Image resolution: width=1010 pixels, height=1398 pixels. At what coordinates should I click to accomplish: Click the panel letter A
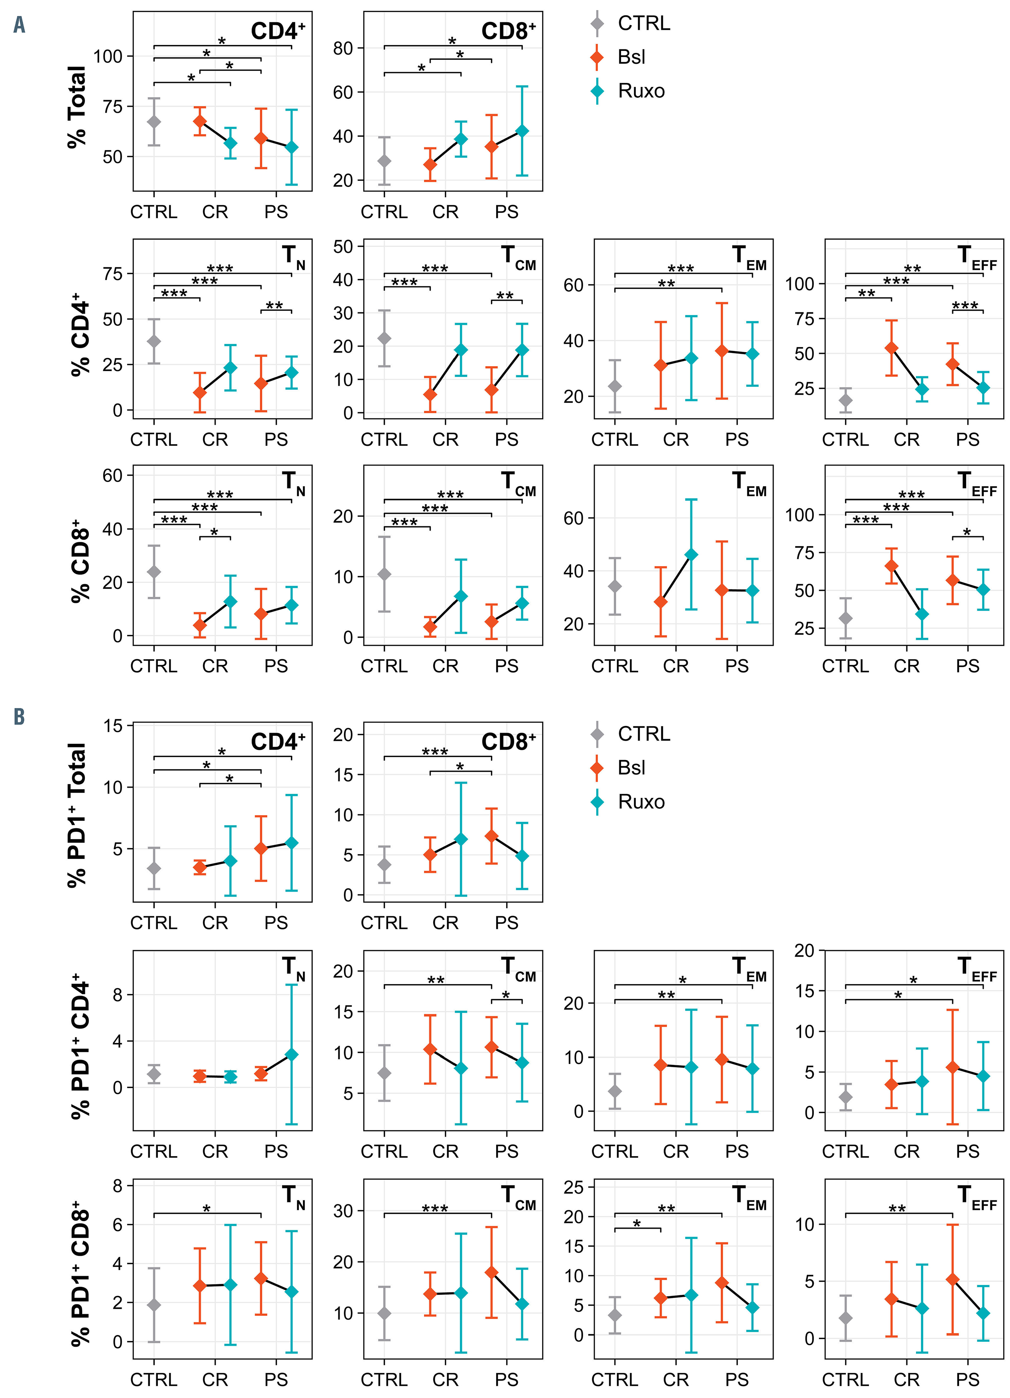19,25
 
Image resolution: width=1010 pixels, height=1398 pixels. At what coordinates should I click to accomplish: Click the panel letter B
19,717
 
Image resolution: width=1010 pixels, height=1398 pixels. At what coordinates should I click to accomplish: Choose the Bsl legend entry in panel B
631,767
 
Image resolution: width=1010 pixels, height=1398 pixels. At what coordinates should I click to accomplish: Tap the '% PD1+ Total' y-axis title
77,815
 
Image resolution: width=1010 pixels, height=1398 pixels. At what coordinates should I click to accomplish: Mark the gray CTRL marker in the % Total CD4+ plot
153,122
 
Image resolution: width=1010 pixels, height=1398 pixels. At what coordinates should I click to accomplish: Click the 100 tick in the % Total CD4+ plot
108,57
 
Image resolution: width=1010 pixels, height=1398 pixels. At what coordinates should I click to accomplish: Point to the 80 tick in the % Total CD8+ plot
343,48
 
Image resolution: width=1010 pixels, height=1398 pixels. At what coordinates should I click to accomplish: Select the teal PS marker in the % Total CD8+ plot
522,131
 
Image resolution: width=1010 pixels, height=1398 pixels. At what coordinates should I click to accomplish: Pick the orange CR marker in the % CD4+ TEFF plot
891,348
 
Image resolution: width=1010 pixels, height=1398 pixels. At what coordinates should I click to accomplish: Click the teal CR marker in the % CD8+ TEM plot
691,555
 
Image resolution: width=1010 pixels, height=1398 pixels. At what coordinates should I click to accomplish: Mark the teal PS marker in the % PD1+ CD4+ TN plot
292,1055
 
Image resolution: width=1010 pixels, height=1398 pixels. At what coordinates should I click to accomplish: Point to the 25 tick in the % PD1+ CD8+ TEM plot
574,1187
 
